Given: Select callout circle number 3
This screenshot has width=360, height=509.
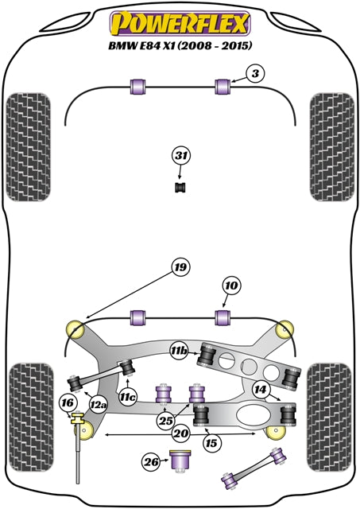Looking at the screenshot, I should (254, 75).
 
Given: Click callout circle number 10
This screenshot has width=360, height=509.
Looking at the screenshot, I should (230, 286).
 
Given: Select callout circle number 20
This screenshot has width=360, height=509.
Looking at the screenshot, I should (180, 434).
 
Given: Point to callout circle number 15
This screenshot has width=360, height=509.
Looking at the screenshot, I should (210, 442).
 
